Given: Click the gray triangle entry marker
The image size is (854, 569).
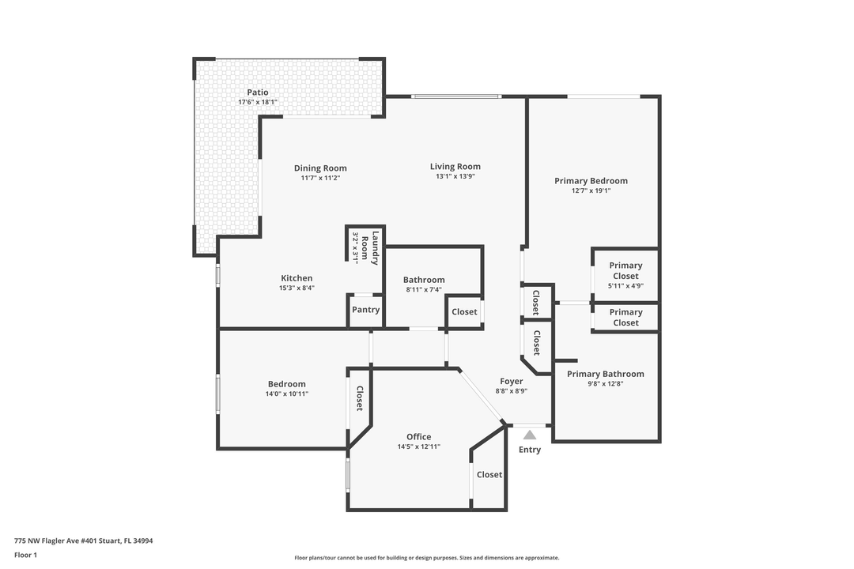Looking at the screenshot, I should coord(530,435).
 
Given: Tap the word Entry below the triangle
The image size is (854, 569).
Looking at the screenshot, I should coord(530,450).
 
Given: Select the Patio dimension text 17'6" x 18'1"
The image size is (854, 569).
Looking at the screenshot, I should coord(258,103).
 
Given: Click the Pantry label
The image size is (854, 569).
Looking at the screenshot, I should coord(365,310).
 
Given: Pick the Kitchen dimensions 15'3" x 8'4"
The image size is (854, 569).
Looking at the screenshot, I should coord(297,288).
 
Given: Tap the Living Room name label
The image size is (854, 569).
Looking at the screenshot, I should coord(455,167).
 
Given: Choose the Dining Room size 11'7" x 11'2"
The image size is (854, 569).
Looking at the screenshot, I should coord(320,179).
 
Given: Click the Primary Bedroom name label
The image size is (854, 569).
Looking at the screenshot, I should coord(591,181).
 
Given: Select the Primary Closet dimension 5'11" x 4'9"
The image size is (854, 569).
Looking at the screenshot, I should coord(625,286).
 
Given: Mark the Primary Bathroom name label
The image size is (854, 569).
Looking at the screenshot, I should coord(605,374).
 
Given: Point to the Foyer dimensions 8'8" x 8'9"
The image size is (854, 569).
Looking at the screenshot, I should coord(512,391).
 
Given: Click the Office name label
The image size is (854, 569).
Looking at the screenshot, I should coord(419,437).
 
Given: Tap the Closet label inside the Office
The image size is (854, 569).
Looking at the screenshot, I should coord(489,475).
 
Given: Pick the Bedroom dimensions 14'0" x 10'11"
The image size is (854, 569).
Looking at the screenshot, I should coord(286,394).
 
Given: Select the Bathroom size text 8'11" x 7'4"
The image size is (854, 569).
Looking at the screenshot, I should coord(424,290).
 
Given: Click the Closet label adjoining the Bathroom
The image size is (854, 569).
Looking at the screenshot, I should coord(464,312).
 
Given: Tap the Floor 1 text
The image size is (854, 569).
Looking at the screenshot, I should coord(25,556).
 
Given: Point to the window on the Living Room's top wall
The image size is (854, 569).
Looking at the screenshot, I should coord(455,96).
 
